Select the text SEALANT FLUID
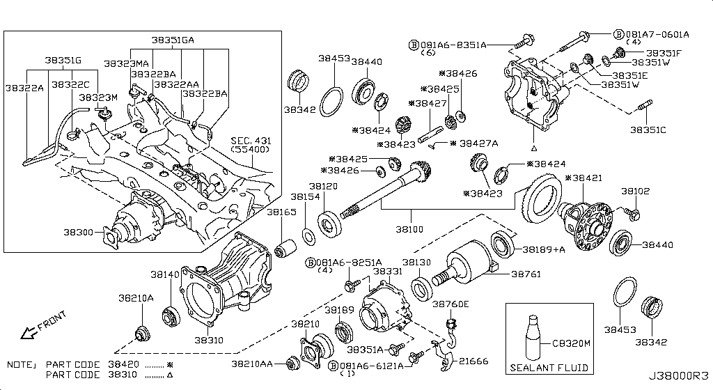coord(549,368)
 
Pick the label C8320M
coord(571,343)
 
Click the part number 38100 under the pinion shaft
coord(410,228)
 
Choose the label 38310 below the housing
coord(208,340)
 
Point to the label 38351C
coord(648,130)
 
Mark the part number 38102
coord(635,190)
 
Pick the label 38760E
coord(450,304)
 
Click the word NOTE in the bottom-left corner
coord(21,364)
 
